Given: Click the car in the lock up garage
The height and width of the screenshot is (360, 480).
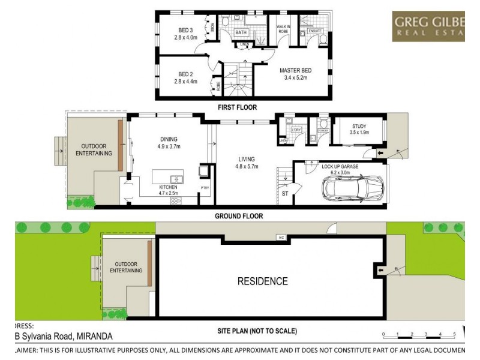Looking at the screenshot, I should pyautogui.click(x=353, y=188).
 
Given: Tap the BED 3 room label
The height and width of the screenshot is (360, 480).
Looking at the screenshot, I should pyautogui.click(x=185, y=31).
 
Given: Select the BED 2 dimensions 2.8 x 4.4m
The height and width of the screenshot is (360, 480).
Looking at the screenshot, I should pyautogui.click(x=185, y=82).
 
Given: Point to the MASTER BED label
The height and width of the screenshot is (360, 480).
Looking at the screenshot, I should pyautogui.click(x=296, y=70).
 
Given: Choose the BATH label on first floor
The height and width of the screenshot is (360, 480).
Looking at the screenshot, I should pyautogui.click(x=241, y=32).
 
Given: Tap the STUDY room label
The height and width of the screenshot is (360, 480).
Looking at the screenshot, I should pyautogui.click(x=360, y=125).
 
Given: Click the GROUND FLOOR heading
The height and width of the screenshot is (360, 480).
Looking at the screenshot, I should pyautogui.click(x=239, y=216).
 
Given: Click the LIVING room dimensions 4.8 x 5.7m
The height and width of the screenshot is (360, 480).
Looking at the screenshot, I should pyautogui.click(x=247, y=167).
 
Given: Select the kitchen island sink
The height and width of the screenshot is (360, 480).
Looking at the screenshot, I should pyautogui.click(x=176, y=178).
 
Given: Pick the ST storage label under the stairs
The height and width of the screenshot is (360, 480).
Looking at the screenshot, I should pyautogui.click(x=285, y=194).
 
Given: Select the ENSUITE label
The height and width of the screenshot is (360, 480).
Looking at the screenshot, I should pyautogui.click(x=315, y=31).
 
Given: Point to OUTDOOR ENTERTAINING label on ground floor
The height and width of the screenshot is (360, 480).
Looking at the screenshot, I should pyautogui.click(x=92, y=149).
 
